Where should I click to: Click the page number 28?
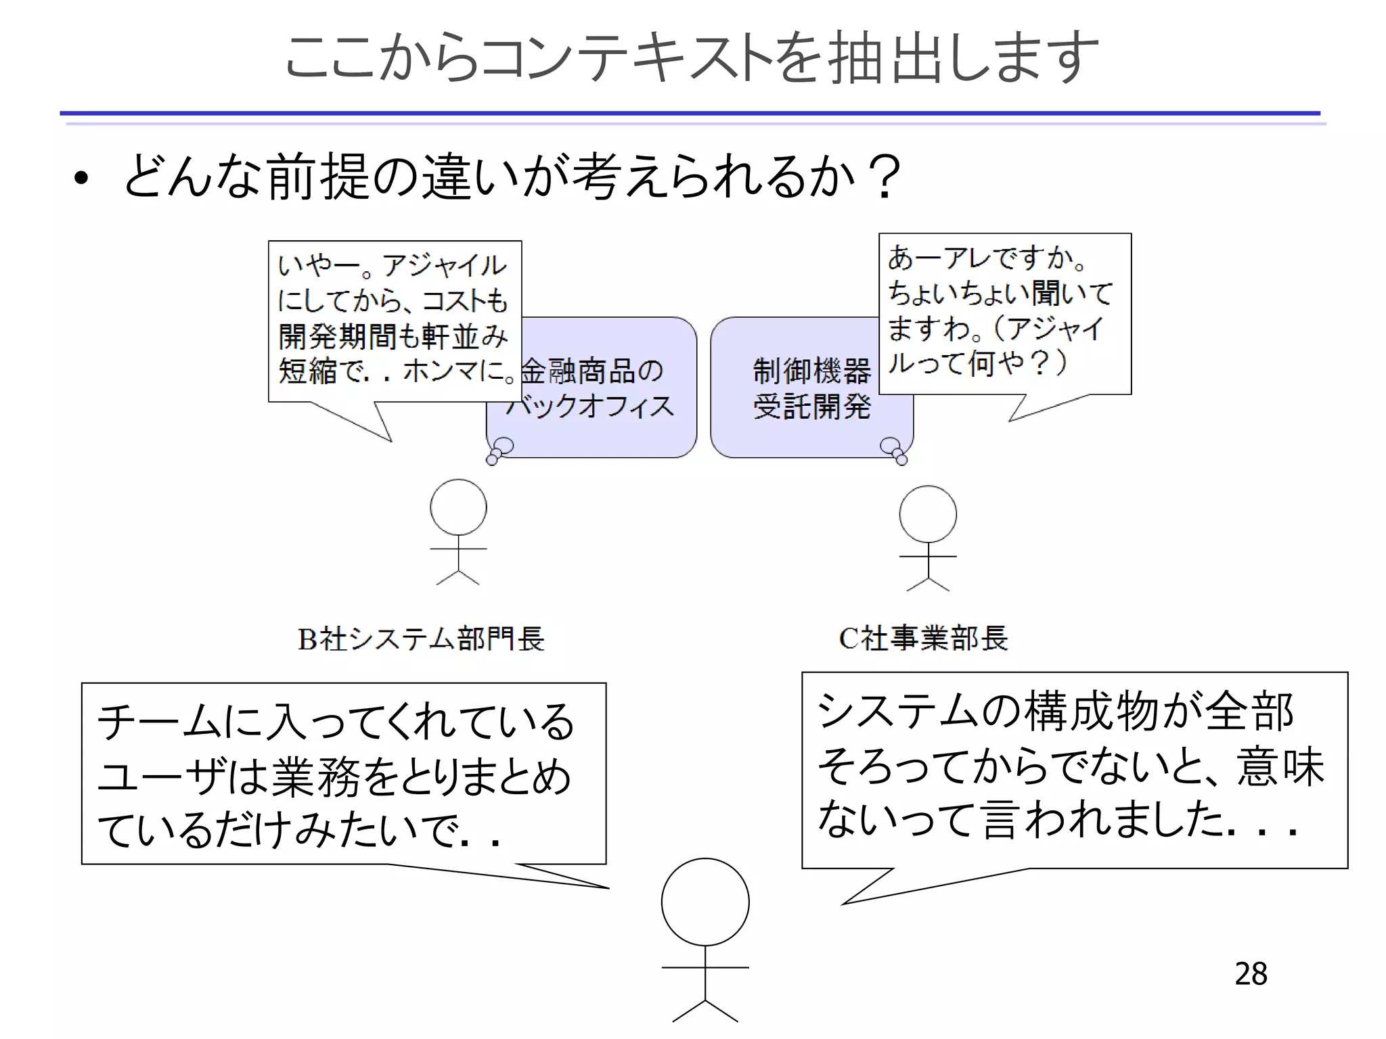1251,973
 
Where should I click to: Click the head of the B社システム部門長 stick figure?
458,507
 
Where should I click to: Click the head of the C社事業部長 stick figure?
928,514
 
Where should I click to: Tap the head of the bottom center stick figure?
705,902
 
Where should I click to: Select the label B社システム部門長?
421,639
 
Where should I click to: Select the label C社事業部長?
923,638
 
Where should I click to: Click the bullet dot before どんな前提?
82,179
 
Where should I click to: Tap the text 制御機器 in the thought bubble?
811,371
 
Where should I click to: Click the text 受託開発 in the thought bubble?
811,407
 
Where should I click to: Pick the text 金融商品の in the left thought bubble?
593,371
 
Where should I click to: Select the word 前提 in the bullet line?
318,177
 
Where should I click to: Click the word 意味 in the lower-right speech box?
1280,766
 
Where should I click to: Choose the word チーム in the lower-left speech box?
158,722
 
